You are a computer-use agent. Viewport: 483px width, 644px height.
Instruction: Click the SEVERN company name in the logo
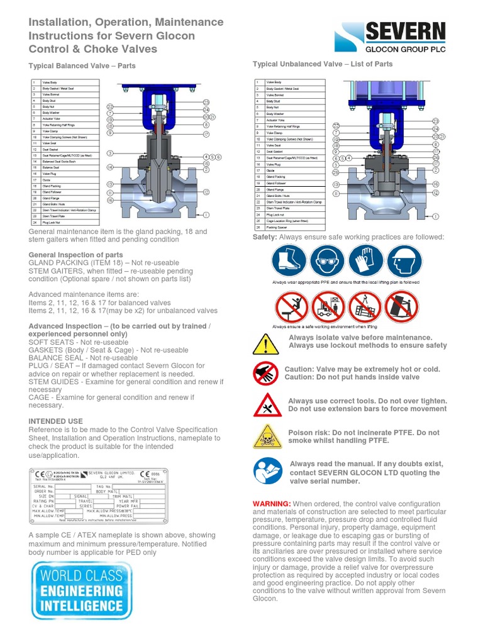(405, 32)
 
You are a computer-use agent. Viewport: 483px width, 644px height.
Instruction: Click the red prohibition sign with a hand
(265, 374)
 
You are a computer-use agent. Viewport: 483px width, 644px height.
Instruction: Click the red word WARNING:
(272, 504)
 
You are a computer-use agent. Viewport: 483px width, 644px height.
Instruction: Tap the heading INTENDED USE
(55, 421)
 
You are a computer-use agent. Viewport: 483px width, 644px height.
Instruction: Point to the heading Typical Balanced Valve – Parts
(82, 65)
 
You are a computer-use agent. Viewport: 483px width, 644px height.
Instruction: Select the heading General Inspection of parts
(76, 255)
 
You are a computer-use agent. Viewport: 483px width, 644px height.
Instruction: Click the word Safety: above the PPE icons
(265, 237)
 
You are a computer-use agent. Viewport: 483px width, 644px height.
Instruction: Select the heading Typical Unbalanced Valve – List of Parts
(322, 64)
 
